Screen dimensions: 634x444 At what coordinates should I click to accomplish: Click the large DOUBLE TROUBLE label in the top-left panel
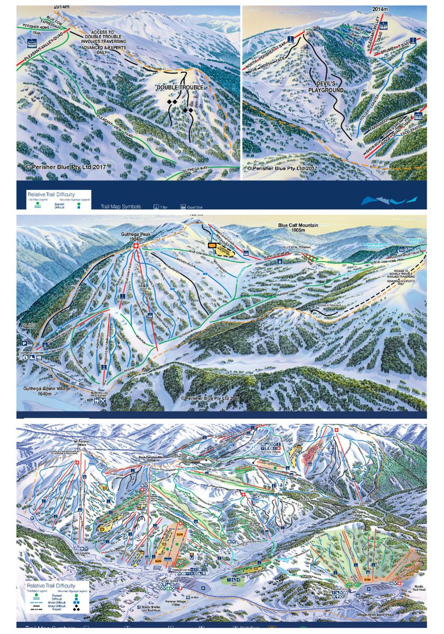[180, 87]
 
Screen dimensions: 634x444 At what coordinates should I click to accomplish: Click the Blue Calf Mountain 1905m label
[298, 228]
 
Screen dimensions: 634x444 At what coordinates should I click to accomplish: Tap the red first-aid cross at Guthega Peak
[136, 246]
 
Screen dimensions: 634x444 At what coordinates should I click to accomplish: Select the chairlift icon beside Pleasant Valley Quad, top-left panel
[32, 43]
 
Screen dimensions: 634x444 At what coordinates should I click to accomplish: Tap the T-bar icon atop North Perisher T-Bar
[290, 39]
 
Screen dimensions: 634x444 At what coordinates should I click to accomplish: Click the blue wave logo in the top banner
[389, 200]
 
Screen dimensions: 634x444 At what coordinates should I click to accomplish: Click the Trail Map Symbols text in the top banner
[120, 206]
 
